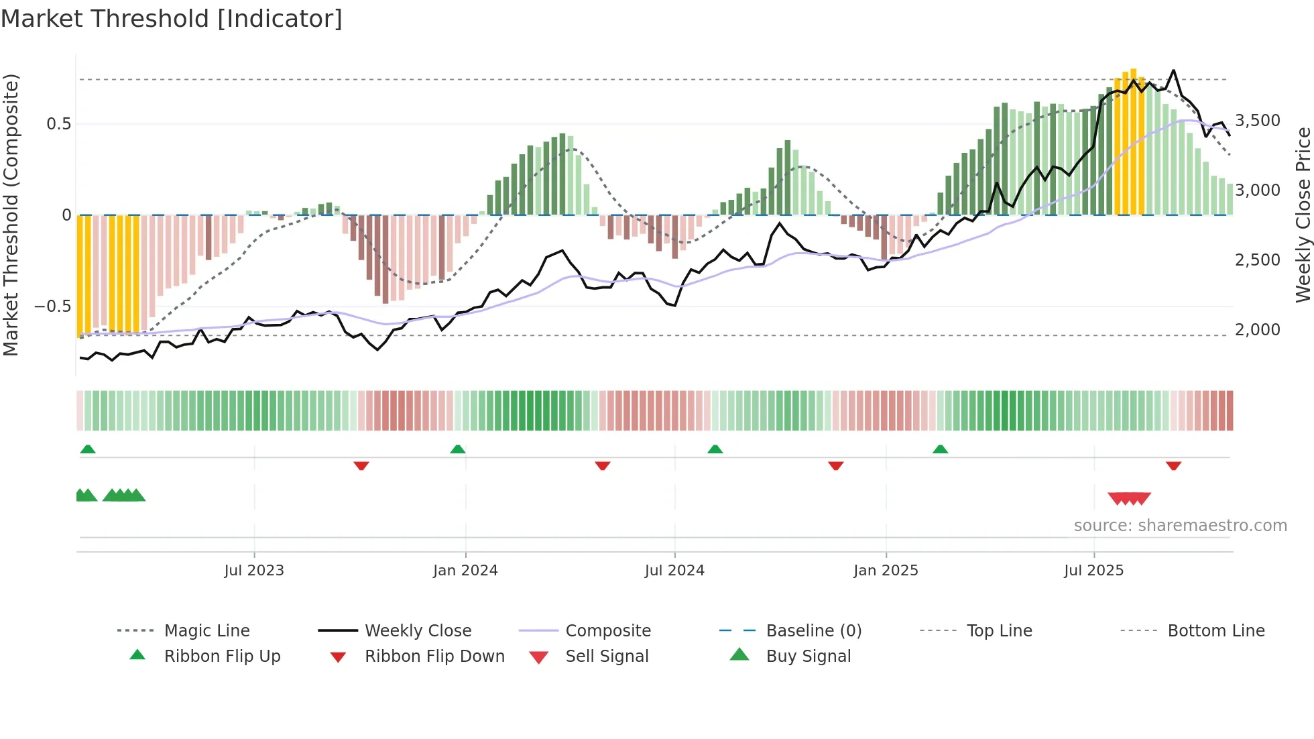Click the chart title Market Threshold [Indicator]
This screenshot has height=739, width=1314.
[x=172, y=19]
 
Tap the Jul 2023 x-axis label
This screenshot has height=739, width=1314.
[x=254, y=571]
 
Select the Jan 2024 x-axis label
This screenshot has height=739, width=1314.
[x=465, y=571]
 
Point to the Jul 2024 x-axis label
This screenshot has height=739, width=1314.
[x=674, y=571]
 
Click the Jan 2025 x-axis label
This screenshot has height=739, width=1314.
[x=886, y=571]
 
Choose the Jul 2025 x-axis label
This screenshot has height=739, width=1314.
[x=1093, y=571]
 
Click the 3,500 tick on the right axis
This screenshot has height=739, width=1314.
[x=1257, y=121]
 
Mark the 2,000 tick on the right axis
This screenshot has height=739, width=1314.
[x=1257, y=330]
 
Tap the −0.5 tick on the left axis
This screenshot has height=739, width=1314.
[x=52, y=306]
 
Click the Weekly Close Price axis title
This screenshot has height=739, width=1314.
[x=1303, y=215]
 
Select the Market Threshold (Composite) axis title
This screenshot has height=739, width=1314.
[x=11, y=215]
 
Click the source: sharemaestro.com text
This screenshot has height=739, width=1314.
[x=1180, y=526]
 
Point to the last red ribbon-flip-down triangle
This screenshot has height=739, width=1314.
[x=1173, y=465]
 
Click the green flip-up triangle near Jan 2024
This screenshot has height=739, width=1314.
[x=458, y=449]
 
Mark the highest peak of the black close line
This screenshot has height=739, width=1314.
[x=1173, y=70]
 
